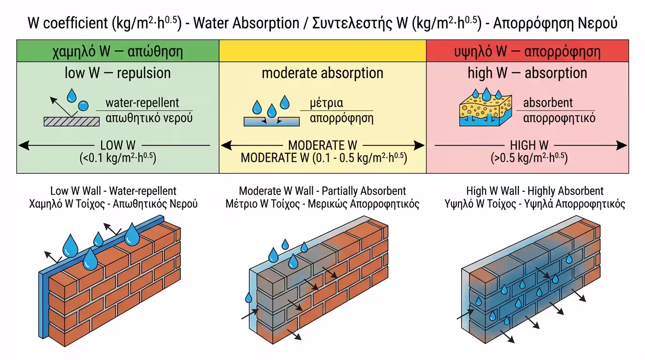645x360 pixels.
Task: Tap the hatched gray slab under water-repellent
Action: click(72, 121)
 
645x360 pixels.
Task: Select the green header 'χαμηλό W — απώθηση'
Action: click(118, 51)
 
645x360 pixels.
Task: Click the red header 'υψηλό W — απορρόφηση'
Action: click(527, 51)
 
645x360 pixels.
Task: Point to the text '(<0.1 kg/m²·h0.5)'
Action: click(118, 157)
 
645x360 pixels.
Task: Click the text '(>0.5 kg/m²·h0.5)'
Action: click(529, 157)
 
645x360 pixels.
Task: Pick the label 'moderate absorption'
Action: click(322, 73)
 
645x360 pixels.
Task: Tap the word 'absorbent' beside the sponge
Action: click(548, 103)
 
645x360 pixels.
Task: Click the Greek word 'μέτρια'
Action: click(326, 103)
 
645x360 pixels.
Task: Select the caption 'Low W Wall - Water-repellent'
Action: click(113, 191)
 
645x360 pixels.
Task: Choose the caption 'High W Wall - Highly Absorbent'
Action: click(535, 191)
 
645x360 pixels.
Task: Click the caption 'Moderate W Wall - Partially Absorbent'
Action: click(322, 191)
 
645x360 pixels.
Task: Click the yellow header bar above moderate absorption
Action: click(322, 51)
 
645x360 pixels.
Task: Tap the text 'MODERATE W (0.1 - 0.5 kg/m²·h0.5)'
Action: click(323, 157)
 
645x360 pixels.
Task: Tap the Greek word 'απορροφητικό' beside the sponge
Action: click(559, 118)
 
